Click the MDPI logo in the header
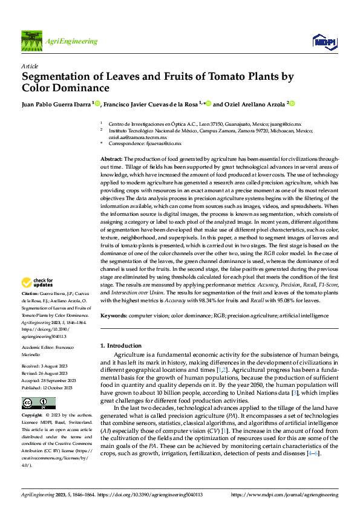coord(324,41)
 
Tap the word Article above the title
coord(29,65)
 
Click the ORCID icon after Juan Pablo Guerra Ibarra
coord(96,104)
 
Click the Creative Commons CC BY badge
coord(38,403)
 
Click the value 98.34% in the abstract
coord(207,299)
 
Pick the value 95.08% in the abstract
coord(289,299)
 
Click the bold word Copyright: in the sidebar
coord(32,416)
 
